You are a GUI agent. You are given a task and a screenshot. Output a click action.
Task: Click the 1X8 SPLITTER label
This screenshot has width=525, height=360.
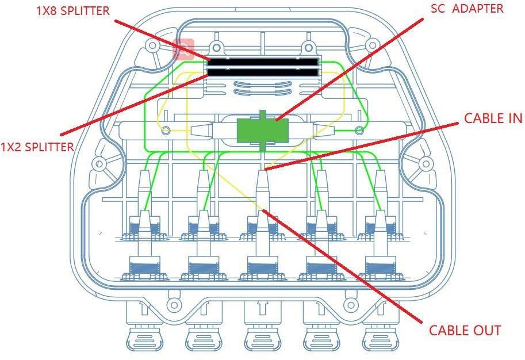coord(72,11)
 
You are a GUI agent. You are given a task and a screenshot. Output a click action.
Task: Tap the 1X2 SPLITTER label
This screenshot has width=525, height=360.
coord(37,147)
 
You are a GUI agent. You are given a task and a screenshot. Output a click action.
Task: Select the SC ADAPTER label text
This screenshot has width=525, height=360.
coord(467,9)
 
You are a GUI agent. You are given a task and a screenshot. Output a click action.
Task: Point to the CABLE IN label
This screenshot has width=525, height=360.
coord(493,118)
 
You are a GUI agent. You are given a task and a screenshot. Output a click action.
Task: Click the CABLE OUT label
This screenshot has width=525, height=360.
coord(465,331)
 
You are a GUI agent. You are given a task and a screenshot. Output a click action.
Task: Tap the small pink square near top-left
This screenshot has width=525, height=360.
coord(184,49)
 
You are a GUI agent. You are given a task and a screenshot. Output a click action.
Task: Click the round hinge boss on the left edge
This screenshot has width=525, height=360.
coord(99,164)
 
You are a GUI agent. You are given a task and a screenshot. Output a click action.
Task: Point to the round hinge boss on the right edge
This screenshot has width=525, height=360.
coord(426,164)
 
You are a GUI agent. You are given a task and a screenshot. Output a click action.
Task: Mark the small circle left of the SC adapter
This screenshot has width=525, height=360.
coord(166,131)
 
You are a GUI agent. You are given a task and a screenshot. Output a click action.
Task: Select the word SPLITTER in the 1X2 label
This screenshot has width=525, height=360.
coord(48,147)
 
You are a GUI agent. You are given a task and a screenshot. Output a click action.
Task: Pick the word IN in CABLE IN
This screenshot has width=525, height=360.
coord(514,118)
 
